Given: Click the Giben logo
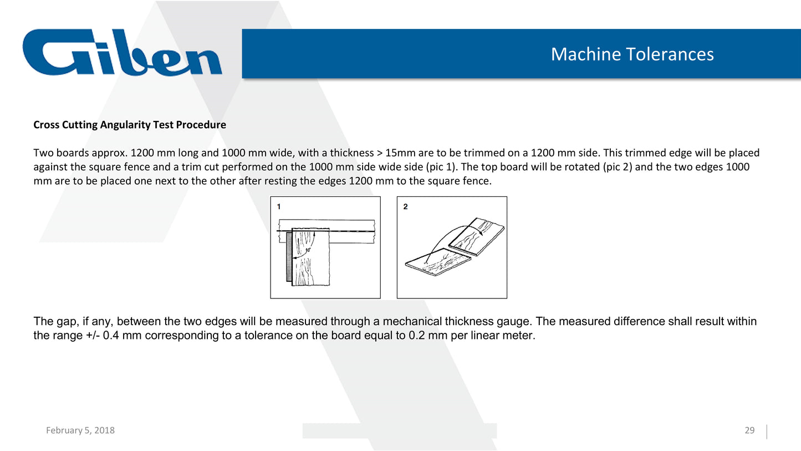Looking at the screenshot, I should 122,53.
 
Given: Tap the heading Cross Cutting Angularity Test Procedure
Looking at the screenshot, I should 130,125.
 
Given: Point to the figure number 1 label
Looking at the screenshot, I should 279,206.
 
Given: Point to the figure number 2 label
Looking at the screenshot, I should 405,206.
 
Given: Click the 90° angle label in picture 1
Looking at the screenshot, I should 308,250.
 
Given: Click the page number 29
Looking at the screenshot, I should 749,430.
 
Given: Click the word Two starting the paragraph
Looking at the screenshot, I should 42,153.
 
